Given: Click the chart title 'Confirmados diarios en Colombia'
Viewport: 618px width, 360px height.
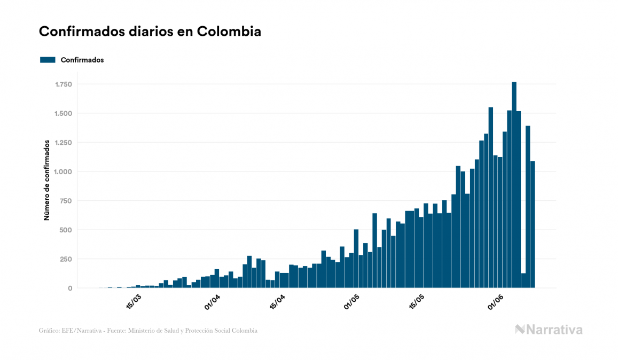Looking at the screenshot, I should (150, 32).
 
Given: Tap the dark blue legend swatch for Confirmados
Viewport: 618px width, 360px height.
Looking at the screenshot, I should (48, 60).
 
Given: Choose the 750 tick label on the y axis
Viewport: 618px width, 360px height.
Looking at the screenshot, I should (66, 201).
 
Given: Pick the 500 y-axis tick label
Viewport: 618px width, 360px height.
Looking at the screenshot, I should (66, 230).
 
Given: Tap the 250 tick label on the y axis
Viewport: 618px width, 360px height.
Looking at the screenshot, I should (66, 259).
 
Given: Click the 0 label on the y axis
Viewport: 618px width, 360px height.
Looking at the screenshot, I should (71, 288).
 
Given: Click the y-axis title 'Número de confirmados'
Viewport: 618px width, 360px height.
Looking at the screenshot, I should (47, 180).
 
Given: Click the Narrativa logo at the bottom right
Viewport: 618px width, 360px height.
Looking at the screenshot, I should (549, 330).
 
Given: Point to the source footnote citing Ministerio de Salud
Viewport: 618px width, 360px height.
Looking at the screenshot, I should (148, 331).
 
